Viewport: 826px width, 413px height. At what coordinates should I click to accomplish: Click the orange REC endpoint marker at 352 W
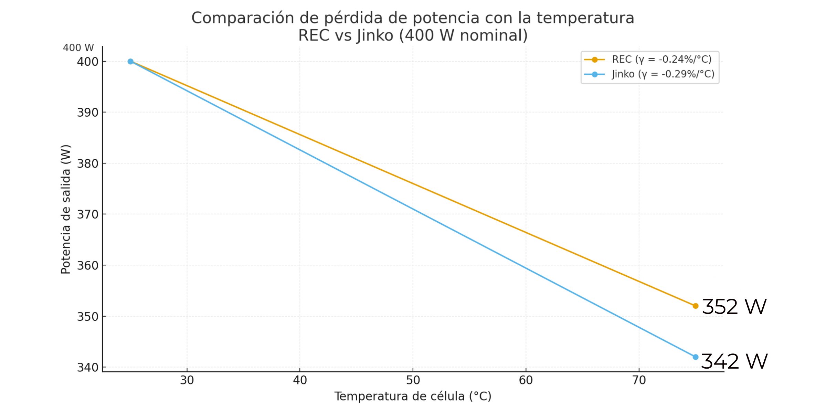pos(695,306)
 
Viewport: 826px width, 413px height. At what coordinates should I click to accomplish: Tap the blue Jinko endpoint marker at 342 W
pos(695,357)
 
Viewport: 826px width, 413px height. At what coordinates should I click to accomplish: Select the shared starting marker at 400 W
pos(130,62)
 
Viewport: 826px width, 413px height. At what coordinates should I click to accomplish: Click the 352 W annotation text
pos(734,307)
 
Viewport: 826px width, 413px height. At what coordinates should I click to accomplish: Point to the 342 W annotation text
pos(734,361)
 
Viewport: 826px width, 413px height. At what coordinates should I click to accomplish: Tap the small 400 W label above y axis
pos(78,48)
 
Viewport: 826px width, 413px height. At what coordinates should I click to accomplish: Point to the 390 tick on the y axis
pos(87,113)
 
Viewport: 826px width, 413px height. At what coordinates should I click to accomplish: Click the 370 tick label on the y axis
pos(87,214)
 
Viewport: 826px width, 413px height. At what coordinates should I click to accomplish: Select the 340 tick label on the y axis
pos(87,368)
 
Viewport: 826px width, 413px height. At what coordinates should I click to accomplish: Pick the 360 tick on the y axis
pos(87,266)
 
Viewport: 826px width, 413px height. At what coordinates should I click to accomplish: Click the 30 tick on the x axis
pos(187,380)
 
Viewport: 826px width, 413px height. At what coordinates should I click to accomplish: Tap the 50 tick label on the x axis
pos(413,380)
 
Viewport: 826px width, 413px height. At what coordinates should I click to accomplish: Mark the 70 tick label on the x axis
pos(639,380)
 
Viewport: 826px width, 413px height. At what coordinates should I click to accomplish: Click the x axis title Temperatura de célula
pos(413,396)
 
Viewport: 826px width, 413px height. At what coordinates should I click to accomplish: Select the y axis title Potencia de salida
pos(65,209)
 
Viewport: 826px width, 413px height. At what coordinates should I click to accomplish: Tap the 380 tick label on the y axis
pos(87,163)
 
